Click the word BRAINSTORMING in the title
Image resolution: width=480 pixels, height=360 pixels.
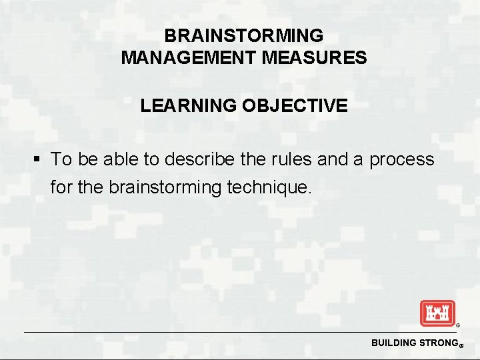click(243, 35)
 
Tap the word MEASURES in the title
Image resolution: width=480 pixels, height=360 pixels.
click(315, 58)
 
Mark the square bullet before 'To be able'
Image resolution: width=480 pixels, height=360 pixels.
click(38, 160)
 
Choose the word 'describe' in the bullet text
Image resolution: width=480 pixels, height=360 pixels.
click(197, 160)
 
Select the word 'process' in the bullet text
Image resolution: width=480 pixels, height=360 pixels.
click(401, 161)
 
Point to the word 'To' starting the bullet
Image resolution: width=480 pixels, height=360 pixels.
click(61, 160)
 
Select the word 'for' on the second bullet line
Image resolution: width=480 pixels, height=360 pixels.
click(62, 188)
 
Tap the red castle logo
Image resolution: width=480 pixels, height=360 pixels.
click(437, 313)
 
